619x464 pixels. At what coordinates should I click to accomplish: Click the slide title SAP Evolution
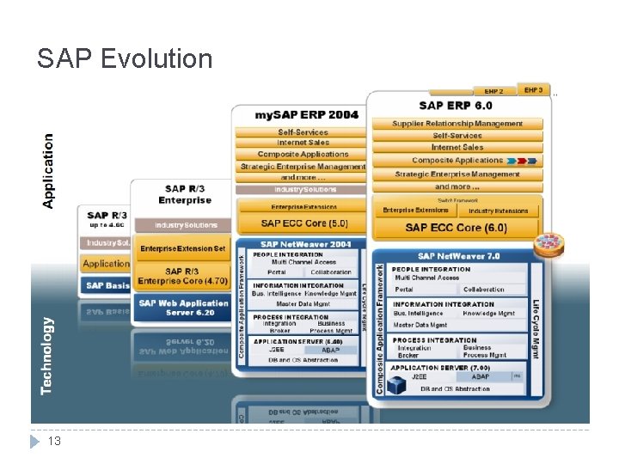coord(125,58)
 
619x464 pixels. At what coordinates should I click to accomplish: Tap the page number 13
coord(53,441)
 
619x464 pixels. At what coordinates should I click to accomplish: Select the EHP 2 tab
coord(494,91)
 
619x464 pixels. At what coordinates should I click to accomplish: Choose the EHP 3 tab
coord(533,89)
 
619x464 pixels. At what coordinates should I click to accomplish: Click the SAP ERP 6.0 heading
coord(456,106)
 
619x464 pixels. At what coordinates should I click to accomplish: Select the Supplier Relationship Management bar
coord(457,124)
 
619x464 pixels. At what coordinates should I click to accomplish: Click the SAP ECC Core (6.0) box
coord(456,228)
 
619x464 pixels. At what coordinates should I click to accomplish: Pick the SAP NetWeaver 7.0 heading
coord(458,256)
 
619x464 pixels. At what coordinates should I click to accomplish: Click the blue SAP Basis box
coord(106,285)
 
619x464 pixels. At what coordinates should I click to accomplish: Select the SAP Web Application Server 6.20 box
coord(181,308)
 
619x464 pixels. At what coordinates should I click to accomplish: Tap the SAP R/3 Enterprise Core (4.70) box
coord(181,275)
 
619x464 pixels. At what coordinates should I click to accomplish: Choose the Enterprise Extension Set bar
coord(181,249)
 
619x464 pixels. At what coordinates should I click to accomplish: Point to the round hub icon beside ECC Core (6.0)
coord(548,245)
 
